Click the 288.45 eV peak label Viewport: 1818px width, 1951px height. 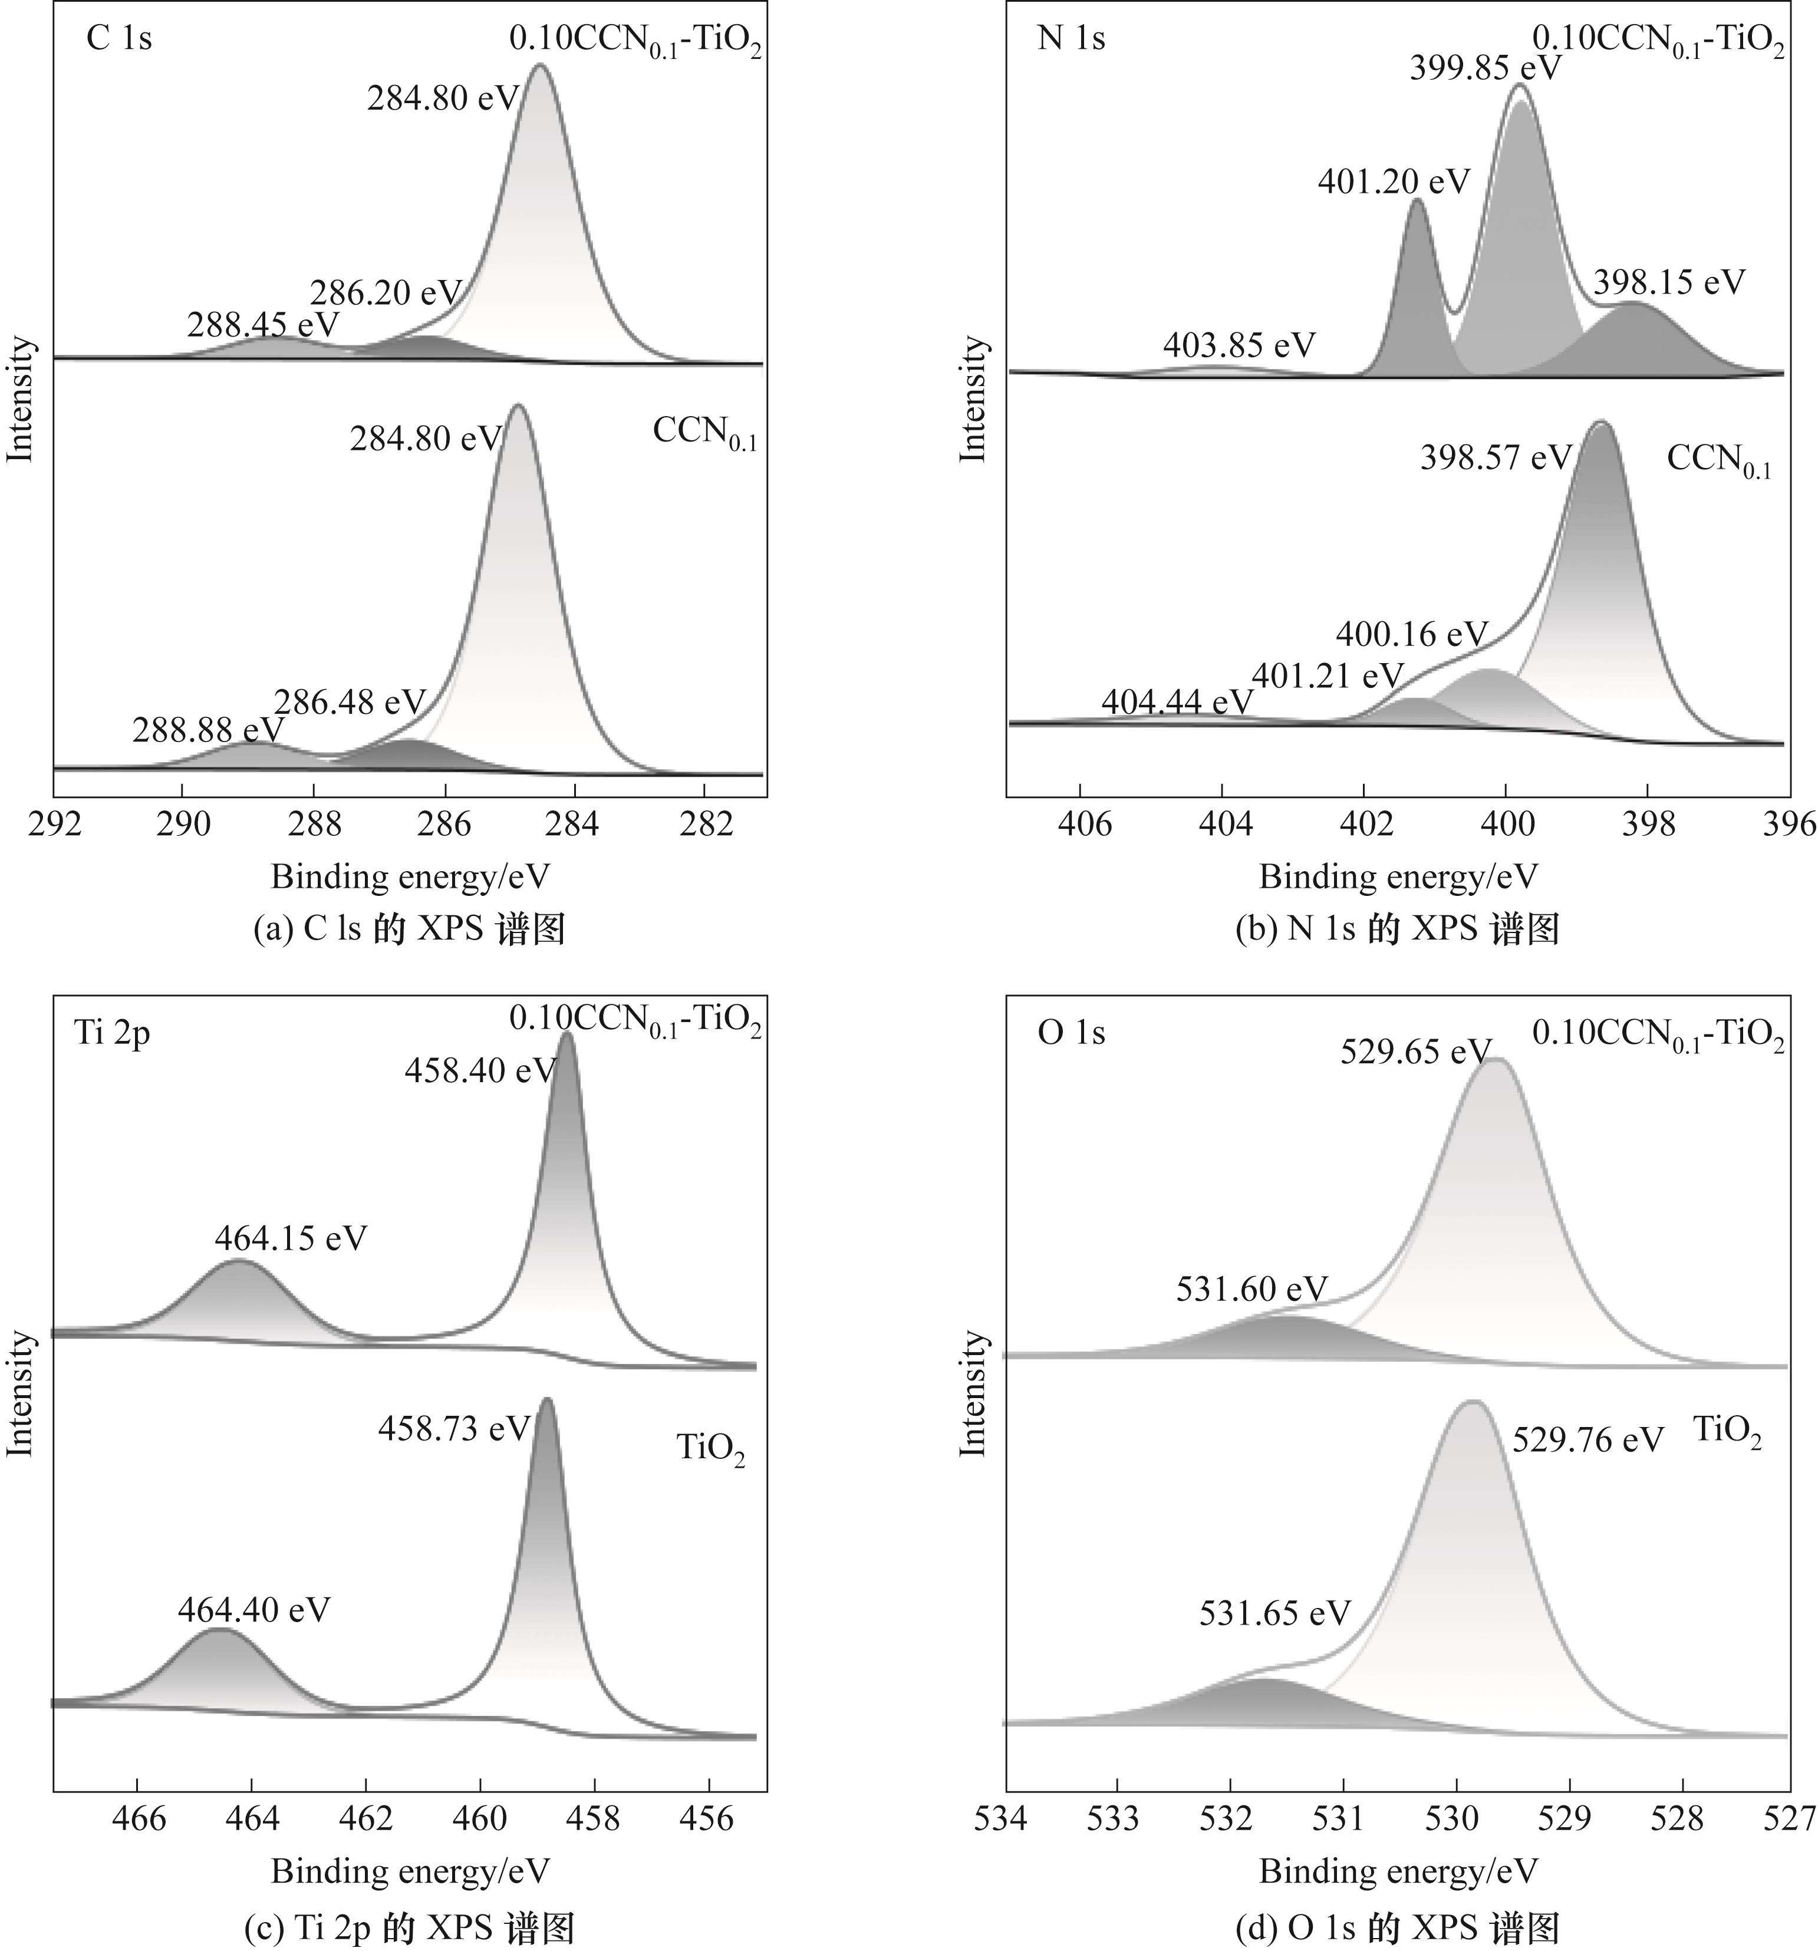click(263, 325)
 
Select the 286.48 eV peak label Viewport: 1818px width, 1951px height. click(350, 701)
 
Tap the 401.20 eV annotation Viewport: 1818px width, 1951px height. click(1394, 182)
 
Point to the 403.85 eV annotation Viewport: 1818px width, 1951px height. click(1239, 344)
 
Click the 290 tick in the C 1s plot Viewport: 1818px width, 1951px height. click(183, 825)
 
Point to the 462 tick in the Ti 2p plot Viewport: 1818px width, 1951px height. click(366, 1818)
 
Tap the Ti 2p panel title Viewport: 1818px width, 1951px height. click(113, 1033)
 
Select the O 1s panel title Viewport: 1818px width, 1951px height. click(1071, 1033)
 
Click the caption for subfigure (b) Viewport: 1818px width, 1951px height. click(1397, 928)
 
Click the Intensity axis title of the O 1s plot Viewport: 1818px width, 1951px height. click(972, 1393)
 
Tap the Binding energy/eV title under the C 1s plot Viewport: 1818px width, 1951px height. click(410, 876)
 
